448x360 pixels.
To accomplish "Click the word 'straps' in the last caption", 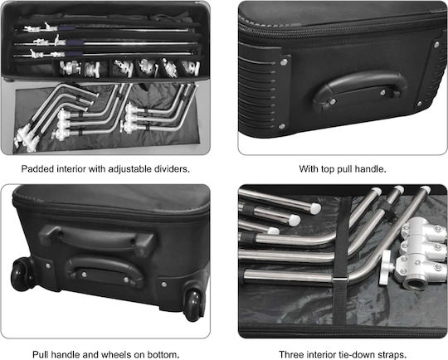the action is pos(391,354).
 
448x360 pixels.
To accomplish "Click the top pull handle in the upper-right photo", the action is pos(360,90).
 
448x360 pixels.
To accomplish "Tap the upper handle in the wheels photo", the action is pos(98,236).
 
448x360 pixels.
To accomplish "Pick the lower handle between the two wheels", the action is pos(105,270).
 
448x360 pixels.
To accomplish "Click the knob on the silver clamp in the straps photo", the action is pos(387,267).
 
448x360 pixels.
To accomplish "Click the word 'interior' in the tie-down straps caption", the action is pos(322,354).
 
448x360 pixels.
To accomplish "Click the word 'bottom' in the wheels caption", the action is pos(163,354).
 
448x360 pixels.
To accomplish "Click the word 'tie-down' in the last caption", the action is pos(358,354).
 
